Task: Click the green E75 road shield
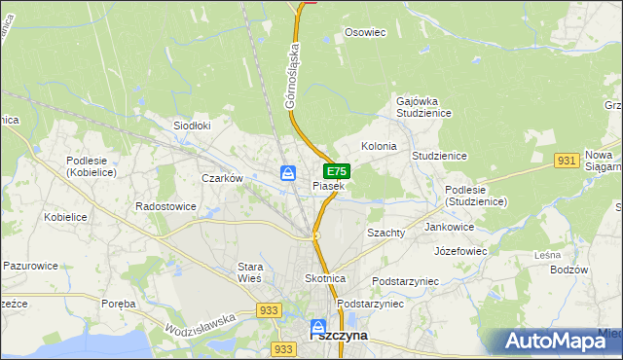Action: (x=337, y=170)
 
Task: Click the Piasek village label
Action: (x=328, y=186)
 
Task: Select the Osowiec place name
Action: (x=366, y=32)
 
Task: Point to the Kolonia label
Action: (x=379, y=146)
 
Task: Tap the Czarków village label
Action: (x=221, y=178)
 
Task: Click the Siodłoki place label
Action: (x=192, y=126)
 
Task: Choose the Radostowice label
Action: (x=165, y=207)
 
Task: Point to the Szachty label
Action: (x=385, y=234)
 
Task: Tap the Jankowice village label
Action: (x=449, y=227)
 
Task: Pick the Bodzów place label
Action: (x=569, y=270)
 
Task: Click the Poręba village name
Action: (x=118, y=304)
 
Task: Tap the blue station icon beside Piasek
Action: (x=288, y=173)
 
